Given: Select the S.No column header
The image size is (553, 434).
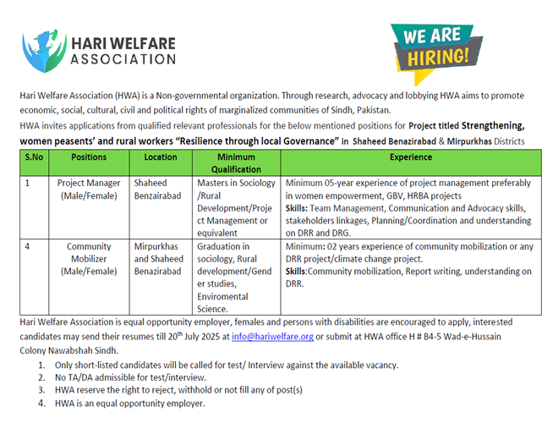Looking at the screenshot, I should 34,157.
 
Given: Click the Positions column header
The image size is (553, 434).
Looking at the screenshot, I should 89,157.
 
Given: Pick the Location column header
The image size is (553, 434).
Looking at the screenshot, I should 162,157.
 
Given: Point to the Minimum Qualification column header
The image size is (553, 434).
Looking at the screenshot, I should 236,163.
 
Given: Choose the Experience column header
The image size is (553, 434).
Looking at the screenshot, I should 410,157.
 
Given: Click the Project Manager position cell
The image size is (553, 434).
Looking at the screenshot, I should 89,190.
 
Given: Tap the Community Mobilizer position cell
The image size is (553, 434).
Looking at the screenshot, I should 89,259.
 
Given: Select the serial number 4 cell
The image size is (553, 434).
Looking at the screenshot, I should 28,247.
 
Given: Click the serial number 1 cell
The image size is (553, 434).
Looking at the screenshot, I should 28,183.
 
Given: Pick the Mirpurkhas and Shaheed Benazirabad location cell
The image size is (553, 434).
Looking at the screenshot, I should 158,259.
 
